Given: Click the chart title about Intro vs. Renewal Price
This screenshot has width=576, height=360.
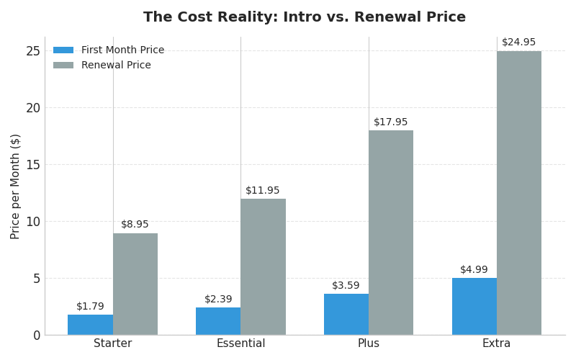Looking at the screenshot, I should tap(305, 17).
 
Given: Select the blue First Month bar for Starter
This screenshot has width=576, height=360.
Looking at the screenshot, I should tap(90, 325).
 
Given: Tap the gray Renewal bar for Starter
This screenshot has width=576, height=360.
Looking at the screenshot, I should tap(135, 284).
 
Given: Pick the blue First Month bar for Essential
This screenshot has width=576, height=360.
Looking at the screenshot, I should tap(218, 321).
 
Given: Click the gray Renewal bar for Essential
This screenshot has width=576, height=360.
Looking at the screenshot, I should tap(264, 266).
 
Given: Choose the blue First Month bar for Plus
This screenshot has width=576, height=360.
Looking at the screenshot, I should tap(346, 315).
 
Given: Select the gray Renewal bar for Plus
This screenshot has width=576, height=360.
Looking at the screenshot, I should tap(391, 233).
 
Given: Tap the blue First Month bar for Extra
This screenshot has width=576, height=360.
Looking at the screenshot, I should tap(474, 306).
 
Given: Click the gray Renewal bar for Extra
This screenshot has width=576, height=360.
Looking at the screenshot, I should tap(519, 193).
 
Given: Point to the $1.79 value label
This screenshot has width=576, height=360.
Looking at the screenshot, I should tap(90, 307).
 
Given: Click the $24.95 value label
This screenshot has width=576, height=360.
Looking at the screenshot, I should tap(519, 42).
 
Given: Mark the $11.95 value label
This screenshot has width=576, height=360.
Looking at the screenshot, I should tap(263, 191).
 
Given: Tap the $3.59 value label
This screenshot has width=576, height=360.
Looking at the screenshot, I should tap(346, 286).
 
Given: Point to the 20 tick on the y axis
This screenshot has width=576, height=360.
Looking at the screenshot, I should tap(32, 108).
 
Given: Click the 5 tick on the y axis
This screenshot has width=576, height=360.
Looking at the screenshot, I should tap(36, 279).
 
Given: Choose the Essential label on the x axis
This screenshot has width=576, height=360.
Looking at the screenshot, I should tap(240, 344).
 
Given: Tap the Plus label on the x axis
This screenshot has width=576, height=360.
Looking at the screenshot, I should tap(369, 344).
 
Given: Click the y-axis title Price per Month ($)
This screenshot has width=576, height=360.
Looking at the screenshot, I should tap(16, 186).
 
